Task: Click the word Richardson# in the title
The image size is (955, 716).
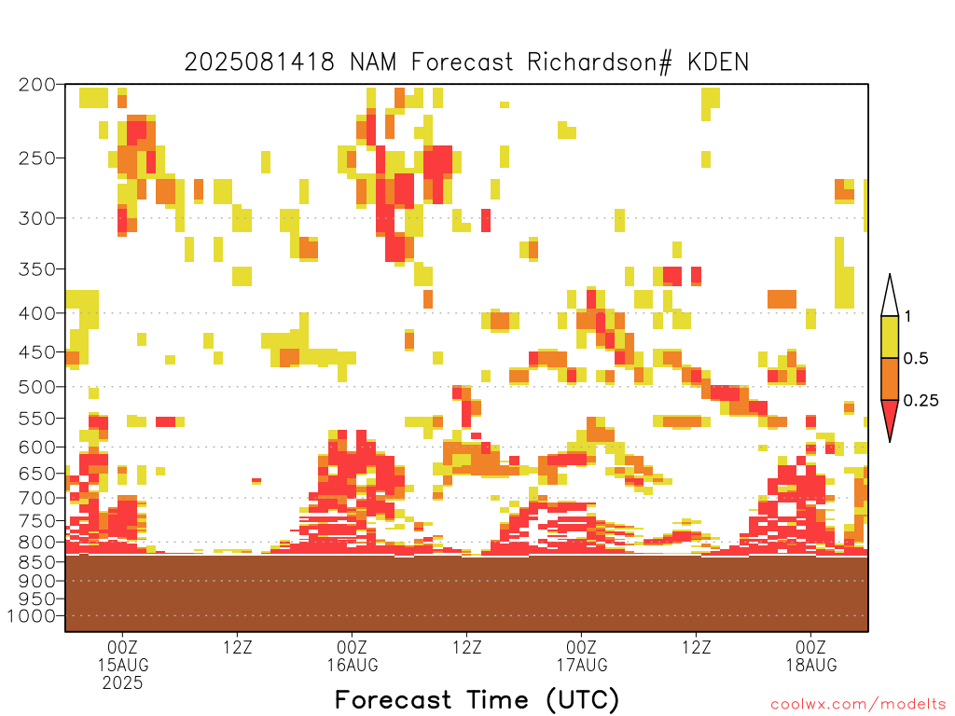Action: coord(600,62)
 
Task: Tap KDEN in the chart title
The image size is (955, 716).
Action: coord(718,62)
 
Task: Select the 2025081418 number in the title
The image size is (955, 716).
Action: coord(259,62)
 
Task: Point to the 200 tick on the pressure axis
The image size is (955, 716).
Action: coord(37,85)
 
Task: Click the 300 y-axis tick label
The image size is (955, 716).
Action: coord(37,218)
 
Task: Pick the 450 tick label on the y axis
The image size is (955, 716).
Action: coord(37,352)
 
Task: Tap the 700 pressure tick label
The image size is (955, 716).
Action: coord(37,498)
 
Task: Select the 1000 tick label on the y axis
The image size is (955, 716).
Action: coord(32,616)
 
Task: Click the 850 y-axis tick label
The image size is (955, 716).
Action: coord(37,561)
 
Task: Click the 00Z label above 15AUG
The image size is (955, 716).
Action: coord(122,647)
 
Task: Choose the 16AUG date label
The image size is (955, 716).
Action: coord(352,665)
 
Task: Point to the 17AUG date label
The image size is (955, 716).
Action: coord(582,665)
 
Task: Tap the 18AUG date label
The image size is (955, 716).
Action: coord(811,665)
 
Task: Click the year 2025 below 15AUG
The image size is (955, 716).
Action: coord(122,683)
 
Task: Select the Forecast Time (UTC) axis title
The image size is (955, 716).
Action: coord(477,700)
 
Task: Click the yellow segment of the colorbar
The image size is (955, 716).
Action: coord(890,337)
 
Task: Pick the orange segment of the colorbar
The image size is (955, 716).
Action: coord(890,379)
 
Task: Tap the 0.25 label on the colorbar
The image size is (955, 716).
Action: coord(920,400)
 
